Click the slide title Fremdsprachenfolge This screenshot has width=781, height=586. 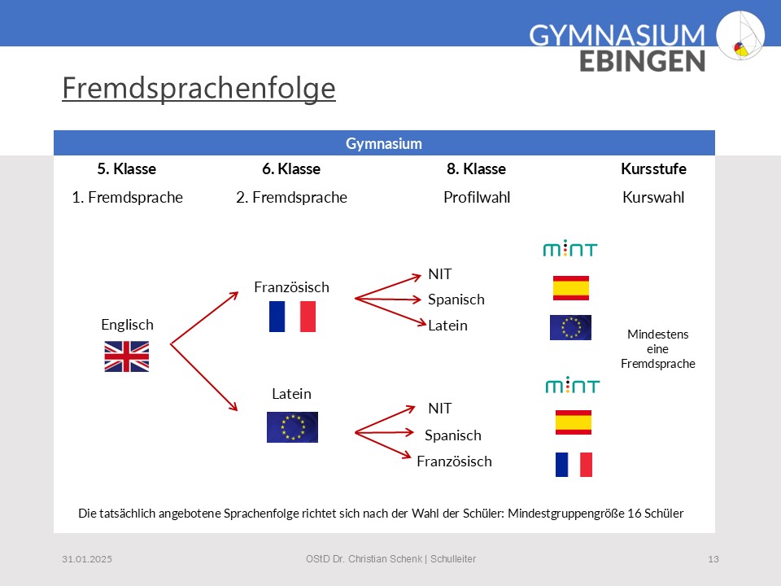click(x=199, y=89)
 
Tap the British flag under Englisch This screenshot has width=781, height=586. click(x=127, y=356)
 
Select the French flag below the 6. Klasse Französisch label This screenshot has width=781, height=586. click(x=292, y=317)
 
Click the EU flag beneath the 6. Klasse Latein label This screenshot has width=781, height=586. click(x=292, y=427)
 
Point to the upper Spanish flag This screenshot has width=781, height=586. click(x=571, y=288)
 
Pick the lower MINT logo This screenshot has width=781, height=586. click(x=572, y=385)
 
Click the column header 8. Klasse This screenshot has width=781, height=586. click(x=476, y=169)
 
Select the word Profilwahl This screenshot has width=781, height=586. click(x=477, y=197)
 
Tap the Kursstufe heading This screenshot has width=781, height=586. click(x=653, y=169)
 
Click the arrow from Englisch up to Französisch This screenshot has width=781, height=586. click(x=204, y=318)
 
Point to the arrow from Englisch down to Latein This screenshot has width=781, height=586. click(x=204, y=377)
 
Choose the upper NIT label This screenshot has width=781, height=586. click(x=440, y=274)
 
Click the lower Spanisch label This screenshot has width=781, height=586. click(x=453, y=435)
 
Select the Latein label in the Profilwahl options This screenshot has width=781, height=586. click(x=447, y=326)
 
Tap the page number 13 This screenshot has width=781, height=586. click(x=713, y=559)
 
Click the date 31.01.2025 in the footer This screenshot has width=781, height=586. click(x=87, y=559)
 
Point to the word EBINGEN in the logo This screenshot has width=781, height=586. click(x=642, y=61)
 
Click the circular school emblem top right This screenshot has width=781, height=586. click(x=740, y=35)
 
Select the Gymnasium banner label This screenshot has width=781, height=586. click(x=384, y=143)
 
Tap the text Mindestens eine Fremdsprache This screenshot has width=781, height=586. click(x=658, y=349)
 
